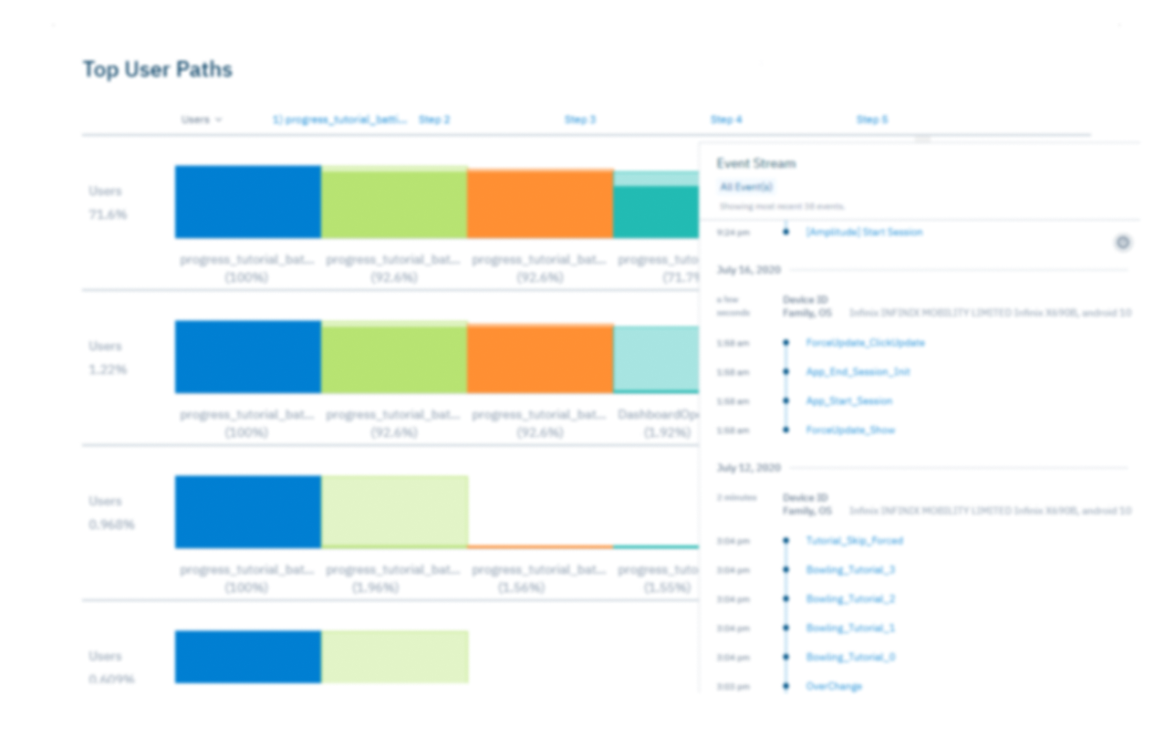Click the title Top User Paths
(x=157, y=70)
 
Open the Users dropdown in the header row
(x=201, y=119)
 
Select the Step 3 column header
(x=580, y=119)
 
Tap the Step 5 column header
(x=872, y=119)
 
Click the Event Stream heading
(x=755, y=163)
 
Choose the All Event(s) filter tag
(x=746, y=187)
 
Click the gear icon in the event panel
(x=1123, y=243)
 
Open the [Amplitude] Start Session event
(x=864, y=233)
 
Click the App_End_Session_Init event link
(x=858, y=372)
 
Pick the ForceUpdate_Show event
(x=850, y=430)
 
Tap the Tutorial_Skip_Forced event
(x=854, y=541)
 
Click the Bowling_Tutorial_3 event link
(x=850, y=570)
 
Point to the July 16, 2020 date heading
(x=749, y=270)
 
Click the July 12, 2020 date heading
(x=749, y=468)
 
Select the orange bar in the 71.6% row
(x=540, y=203)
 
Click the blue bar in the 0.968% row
(x=248, y=512)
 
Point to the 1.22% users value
(x=108, y=369)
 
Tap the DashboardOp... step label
(x=657, y=415)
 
